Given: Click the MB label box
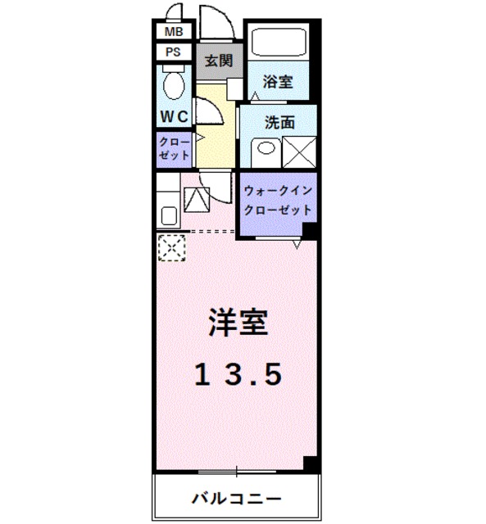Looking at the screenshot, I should [x=174, y=32].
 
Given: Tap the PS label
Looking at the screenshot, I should [x=174, y=52].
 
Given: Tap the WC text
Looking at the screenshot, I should [x=174, y=115].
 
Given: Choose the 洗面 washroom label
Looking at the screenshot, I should [x=279, y=123].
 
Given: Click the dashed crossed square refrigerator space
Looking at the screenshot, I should [x=171, y=246].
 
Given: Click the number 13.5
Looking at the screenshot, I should [x=238, y=373].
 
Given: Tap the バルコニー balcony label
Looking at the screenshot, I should [x=238, y=498].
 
